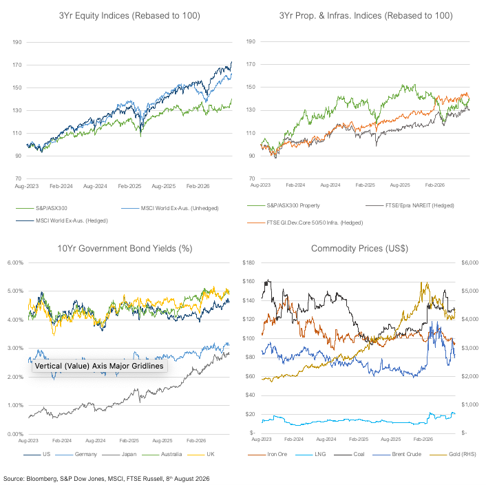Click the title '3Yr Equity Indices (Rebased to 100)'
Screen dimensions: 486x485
coord(129,16)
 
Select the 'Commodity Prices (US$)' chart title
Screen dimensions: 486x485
coord(359,249)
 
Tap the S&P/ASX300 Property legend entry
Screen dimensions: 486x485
coord(284,205)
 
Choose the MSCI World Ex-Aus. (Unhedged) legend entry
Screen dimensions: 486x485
coord(170,208)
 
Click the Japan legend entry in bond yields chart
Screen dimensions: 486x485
coord(119,454)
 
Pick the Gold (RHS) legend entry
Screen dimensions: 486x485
coord(453,454)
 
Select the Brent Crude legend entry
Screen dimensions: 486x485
coord(397,454)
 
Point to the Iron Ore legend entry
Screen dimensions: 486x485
coord(268,454)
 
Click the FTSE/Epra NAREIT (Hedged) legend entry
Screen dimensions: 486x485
coord(410,205)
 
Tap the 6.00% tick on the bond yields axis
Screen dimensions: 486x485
coord(16,262)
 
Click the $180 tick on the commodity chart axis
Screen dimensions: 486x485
coord(249,262)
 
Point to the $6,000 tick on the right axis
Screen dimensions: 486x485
coord(470,262)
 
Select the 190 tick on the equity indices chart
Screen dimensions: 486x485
coord(17,42)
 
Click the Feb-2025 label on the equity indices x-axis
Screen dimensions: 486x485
coord(129,186)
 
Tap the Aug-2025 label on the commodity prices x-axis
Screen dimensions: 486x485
coord(390,439)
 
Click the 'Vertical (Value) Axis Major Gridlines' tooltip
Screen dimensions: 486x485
coord(99,366)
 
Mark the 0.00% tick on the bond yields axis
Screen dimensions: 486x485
coord(16,434)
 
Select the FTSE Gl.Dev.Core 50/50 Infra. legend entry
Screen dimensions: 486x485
coord(305,223)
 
